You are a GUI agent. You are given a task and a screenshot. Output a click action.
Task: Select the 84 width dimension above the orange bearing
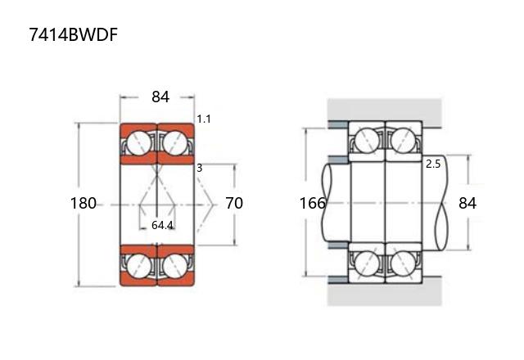pos(160,97)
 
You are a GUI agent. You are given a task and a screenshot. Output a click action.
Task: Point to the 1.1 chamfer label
pos(204,119)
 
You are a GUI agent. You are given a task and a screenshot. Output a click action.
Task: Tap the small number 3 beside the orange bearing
pos(199,168)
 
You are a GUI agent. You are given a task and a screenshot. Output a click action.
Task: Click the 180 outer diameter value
pos(84,203)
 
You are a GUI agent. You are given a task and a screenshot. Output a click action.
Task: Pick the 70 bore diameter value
pos(234,203)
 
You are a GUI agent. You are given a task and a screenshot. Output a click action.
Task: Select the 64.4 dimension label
pos(162,225)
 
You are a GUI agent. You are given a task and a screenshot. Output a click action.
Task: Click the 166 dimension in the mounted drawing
pos(313,203)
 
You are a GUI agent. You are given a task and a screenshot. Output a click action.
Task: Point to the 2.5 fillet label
pos(433,164)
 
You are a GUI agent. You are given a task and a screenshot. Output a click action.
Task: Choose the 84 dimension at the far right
pos(467,203)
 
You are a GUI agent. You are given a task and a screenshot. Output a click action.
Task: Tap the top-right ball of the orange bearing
pos(174,142)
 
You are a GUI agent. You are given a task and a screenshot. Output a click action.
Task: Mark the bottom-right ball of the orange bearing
pos(174,264)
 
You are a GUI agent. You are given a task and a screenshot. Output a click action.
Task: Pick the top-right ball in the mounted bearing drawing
pos(402,142)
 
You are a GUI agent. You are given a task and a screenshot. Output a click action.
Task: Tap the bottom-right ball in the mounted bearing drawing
pos(402,264)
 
